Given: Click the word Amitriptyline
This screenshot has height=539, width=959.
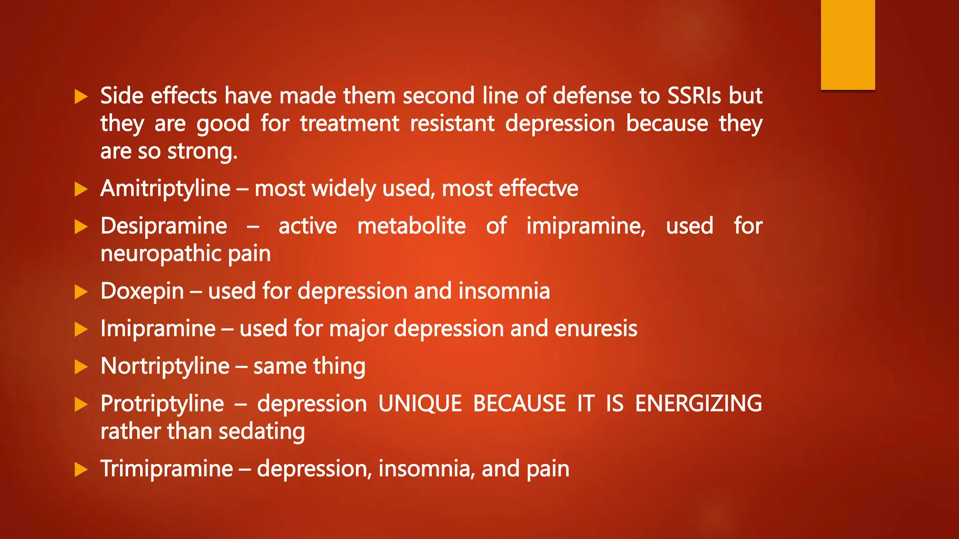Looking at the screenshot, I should pyautogui.click(x=165, y=189).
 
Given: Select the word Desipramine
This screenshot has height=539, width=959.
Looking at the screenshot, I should pyautogui.click(x=164, y=226).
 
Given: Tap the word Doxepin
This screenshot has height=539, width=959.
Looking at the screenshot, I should pyautogui.click(x=142, y=291).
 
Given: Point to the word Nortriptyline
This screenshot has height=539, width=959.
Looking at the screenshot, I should pyautogui.click(x=165, y=366).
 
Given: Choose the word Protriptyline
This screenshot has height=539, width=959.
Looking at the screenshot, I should pyautogui.click(x=162, y=403).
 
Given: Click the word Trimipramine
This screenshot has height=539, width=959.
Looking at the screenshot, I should pyautogui.click(x=166, y=468).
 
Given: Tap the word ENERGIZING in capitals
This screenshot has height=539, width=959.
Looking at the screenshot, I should pyautogui.click(x=698, y=403).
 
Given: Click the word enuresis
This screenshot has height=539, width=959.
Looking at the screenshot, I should pyautogui.click(x=596, y=328).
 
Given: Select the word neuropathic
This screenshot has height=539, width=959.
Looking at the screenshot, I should pyautogui.click(x=161, y=254).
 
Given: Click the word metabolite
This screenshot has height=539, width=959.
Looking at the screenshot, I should pyautogui.click(x=411, y=226).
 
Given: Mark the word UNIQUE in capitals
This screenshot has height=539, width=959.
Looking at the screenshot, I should pyautogui.click(x=420, y=403).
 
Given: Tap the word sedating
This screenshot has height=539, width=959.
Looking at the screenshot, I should pyautogui.click(x=261, y=431).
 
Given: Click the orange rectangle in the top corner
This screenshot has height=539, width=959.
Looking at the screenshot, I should pyautogui.click(x=848, y=44).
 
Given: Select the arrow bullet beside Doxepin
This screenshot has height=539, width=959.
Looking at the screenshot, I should pyautogui.click(x=81, y=292).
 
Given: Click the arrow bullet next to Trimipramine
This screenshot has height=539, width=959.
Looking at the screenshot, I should pyautogui.click(x=81, y=469).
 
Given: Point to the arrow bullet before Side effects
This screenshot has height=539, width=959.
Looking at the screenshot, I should pyautogui.click(x=81, y=97).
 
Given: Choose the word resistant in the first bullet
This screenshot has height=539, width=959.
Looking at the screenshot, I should pyautogui.click(x=452, y=124).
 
